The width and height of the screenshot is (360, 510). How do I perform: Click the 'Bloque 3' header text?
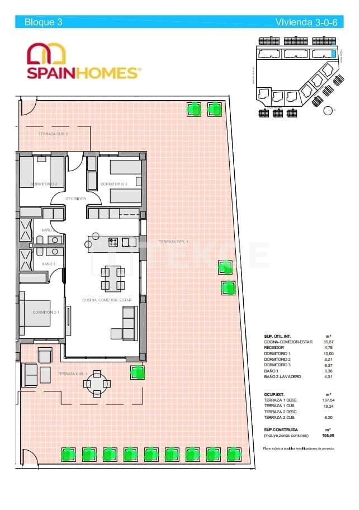(x=43, y=22)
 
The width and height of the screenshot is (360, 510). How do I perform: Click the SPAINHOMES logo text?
(x=82, y=73)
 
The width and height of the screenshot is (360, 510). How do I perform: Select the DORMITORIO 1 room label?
(x=45, y=312)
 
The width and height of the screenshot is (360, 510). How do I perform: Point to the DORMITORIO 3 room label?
(x=114, y=184)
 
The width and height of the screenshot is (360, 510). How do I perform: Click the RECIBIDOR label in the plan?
(x=75, y=199)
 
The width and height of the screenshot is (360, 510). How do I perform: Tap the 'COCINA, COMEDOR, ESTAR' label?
(x=107, y=300)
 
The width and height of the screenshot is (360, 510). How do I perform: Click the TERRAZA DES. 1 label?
(x=174, y=242)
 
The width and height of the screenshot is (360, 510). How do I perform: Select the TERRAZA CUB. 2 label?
(x=53, y=134)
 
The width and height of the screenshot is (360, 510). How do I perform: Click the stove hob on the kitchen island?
(x=113, y=242)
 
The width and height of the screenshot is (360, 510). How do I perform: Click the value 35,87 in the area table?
(x=328, y=342)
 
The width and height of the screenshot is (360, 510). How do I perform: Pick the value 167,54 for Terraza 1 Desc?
(x=328, y=400)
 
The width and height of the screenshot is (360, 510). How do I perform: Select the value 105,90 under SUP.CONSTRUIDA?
(x=328, y=435)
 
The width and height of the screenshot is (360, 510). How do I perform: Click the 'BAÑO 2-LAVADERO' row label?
(x=282, y=377)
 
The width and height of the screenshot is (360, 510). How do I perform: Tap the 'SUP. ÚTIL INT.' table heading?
(x=277, y=336)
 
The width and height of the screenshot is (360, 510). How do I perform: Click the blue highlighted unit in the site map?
(x=333, y=54)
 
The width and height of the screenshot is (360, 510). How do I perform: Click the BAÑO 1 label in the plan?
(x=49, y=264)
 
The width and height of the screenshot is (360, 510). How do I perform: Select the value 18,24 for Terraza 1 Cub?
(x=328, y=406)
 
